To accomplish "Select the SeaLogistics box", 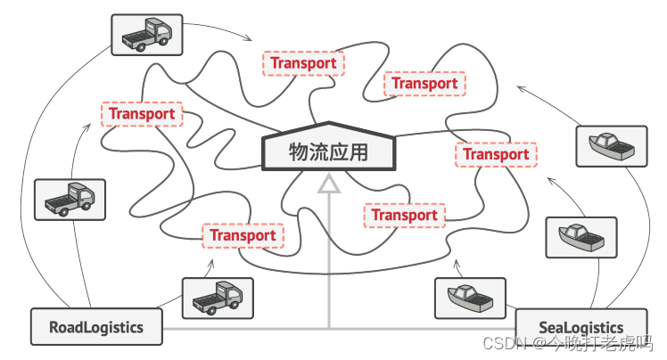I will pyautogui.click(x=581, y=327).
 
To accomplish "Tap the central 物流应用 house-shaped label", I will pyautogui.click(x=328, y=151).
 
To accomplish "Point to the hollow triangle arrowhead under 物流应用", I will pyautogui.click(x=330, y=184).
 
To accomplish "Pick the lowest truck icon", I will pyautogui.click(x=218, y=298).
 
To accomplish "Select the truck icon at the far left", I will pyautogui.click(x=69, y=200).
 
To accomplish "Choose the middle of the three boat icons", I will pyautogui.click(x=581, y=237).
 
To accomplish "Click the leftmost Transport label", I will pyautogui.click(x=142, y=114).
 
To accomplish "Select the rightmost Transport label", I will pyautogui.click(x=496, y=154).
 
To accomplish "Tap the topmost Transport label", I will pyautogui.click(x=304, y=63).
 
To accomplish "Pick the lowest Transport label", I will pyautogui.click(x=243, y=235).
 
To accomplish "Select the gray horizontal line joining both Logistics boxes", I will pyautogui.click(x=339, y=329).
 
